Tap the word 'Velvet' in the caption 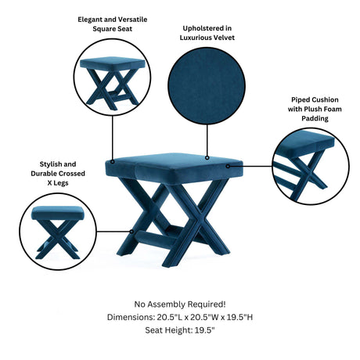pos(225,38)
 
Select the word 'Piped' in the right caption pos(300,100)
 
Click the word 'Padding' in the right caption pos(315,118)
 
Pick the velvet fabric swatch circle pos(207,86)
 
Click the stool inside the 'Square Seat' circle pos(113,81)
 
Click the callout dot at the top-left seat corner pos(113,162)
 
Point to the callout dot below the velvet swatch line pos(207,157)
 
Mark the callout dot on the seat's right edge pos(228,166)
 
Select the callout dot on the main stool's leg pos(132,232)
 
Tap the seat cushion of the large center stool pos(174,165)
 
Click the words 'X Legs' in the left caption pos(58,183)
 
